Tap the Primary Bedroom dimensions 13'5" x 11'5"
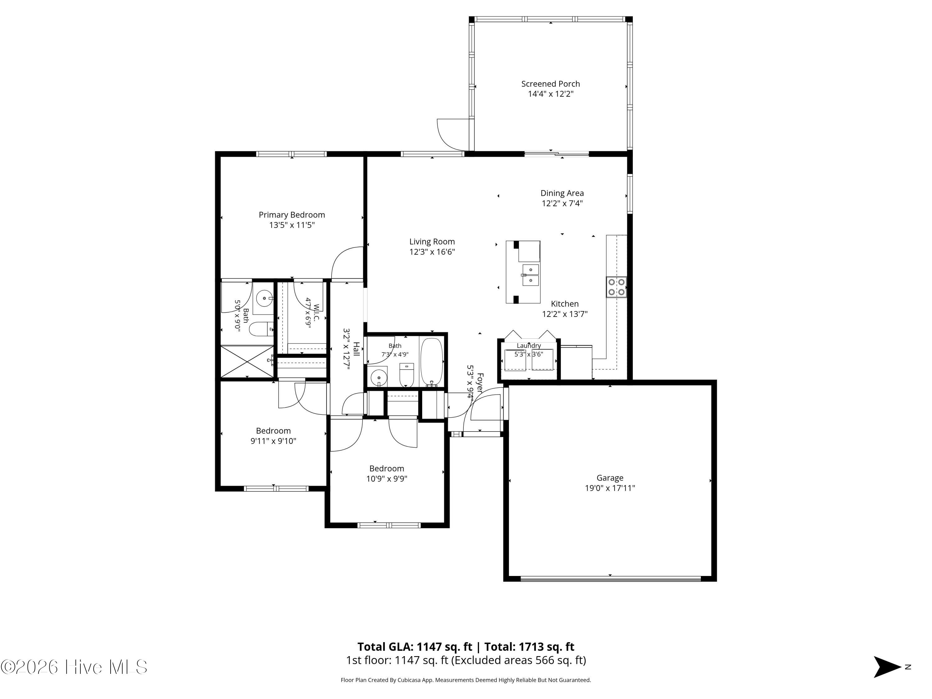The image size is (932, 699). (x=292, y=225)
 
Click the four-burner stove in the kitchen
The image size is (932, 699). (x=616, y=287)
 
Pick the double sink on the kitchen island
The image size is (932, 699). (x=531, y=275)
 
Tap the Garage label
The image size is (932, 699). (x=610, y=478)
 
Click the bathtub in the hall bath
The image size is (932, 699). (x=432, y=362)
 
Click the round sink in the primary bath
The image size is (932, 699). (x=264, y=298)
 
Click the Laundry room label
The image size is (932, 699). (x=529, y=345)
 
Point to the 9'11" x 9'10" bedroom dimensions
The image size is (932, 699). (x=273, y=441)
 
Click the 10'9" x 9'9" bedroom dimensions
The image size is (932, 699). (x=387, y=479)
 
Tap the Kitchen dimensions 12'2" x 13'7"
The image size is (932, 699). (x=564, y=314)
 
